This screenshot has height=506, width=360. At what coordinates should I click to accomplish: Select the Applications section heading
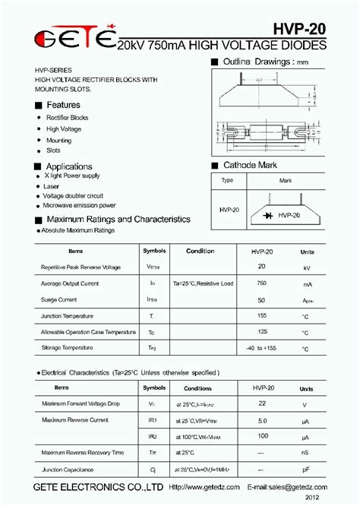coord(69,166)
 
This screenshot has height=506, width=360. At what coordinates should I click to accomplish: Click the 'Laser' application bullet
coord(52,185)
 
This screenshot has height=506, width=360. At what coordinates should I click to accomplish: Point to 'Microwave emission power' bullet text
coord(79,205)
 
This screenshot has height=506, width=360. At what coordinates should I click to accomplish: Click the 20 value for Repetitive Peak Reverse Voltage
coord(262,267)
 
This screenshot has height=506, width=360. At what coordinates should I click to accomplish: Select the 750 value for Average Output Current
coord(262,283)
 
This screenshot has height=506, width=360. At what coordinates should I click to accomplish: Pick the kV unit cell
coord(307,267)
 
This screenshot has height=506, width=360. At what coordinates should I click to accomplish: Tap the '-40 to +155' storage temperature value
coord(262,348)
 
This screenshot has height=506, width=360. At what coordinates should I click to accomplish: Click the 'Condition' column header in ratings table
coord(200,251)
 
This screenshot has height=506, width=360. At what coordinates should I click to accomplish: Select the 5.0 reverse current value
coord(262,419)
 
